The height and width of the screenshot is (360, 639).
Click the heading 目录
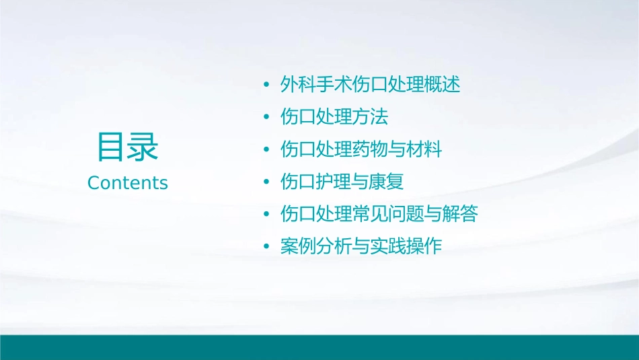click(127, 147)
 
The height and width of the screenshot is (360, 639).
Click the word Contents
click(128, 183)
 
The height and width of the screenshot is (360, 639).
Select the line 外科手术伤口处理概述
click(370, 85)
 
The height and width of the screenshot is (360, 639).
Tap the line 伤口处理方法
click(334, 117)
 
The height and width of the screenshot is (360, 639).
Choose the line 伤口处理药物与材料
click(361, 149)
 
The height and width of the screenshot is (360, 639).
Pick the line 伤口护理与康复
click(342, 182)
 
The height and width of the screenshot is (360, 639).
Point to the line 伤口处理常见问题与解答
click(379, 214)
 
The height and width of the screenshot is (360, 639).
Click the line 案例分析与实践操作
click(361, 246)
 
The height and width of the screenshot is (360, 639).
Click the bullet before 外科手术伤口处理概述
click(267, 85)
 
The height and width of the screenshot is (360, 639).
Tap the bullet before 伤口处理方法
click(267, 118)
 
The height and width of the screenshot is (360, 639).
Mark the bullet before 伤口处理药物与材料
click(267, 150)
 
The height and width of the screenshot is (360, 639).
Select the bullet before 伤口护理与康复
click(267, 182)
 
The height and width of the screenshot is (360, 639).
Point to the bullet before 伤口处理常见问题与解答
click(267, 215)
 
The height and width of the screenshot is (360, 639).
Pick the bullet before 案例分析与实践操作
click(267, 247)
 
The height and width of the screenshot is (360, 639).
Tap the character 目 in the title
click(111, 147)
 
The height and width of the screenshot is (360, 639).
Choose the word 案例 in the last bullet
click(298, 246)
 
